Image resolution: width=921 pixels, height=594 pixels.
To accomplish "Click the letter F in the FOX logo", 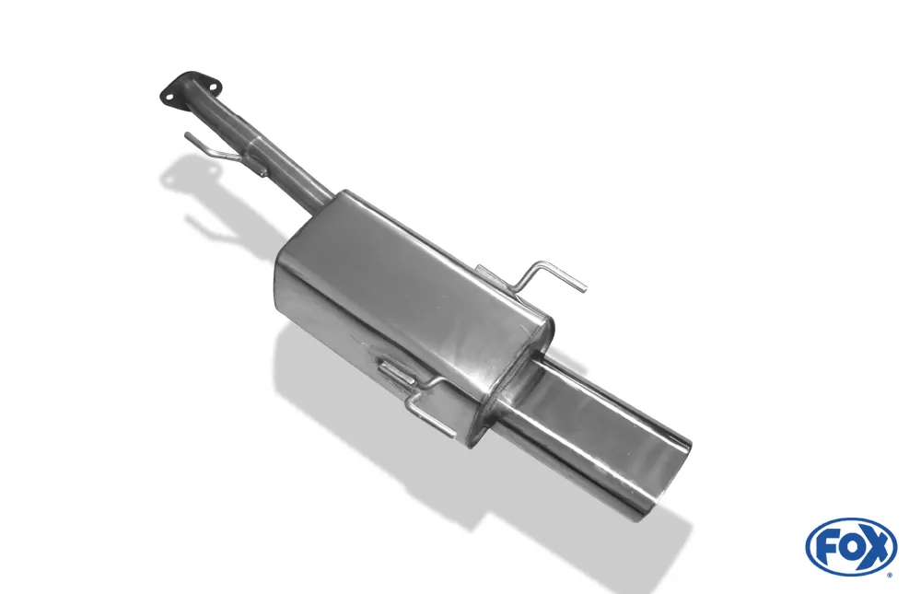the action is [x=827, y=549].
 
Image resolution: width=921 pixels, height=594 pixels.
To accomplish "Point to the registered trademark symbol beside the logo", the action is [x=892, y=576].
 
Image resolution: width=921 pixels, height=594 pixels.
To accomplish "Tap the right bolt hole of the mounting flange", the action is [x=214, y=87].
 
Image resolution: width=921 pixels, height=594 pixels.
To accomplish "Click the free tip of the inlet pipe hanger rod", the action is [x=187, y=135].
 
